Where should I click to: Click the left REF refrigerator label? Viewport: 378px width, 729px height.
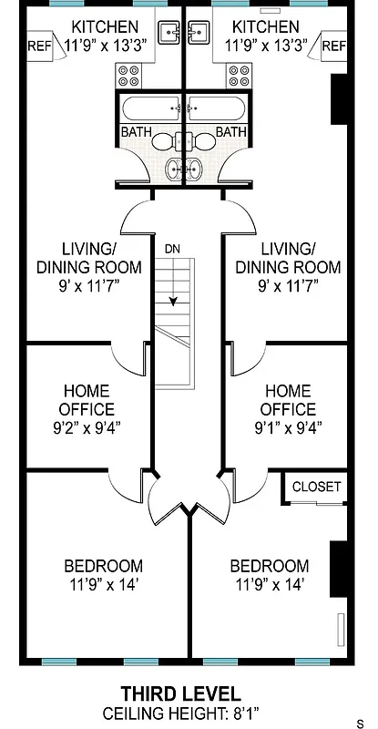point(38,46)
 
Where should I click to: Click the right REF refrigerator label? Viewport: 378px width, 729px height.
point(333,46)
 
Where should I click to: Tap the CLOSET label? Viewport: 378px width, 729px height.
point(316,488)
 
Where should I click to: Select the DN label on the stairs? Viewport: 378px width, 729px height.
point(173,248)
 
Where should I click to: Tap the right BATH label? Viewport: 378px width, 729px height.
point(231,132)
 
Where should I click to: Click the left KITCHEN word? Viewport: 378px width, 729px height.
point(105,27)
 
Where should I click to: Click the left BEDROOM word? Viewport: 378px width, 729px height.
point(103,566)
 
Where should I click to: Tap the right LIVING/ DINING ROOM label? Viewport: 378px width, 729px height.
point(288,258)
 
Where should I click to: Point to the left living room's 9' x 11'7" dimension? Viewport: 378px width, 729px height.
point(88,285)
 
